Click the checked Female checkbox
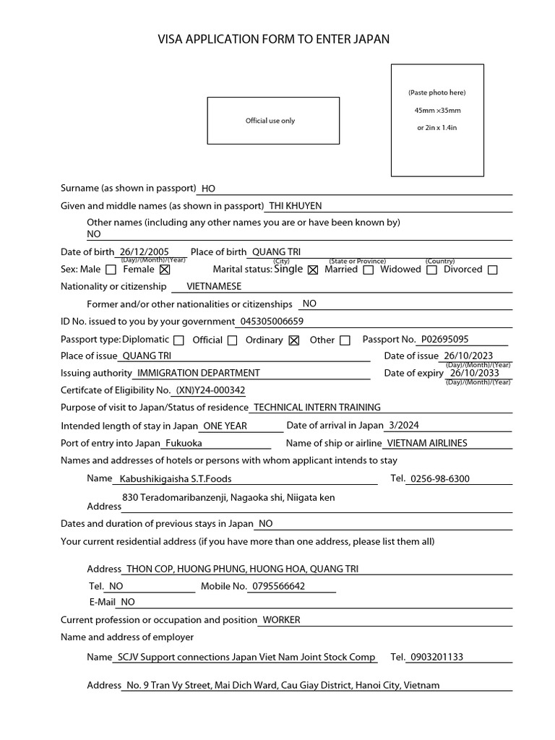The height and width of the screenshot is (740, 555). (164, 270)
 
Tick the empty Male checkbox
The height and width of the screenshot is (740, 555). (111, 270)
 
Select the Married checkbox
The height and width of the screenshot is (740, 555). (368, 270)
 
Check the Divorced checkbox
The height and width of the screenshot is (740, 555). (492, 270)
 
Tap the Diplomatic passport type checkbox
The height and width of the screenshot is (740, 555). (178, 340)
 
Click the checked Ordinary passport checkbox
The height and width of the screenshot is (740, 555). (293, 340)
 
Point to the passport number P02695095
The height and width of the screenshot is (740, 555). (445, 339)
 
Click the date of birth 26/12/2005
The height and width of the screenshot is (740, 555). (145, 251)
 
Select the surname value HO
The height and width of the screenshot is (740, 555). (208, 189)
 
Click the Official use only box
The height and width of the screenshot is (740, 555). (272, 121)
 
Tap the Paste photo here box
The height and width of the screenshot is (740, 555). (437, 120)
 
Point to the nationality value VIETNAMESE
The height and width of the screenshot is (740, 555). (214, 286)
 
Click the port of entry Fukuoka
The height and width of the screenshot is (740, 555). (184, 443)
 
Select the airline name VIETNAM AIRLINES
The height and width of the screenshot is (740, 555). (427, 443)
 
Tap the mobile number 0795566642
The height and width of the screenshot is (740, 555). (277, 586)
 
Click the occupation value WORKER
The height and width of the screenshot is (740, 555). (281, 619)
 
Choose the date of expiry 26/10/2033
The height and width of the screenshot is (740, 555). (474, 373)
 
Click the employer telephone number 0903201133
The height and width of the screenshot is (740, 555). (436, 657)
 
